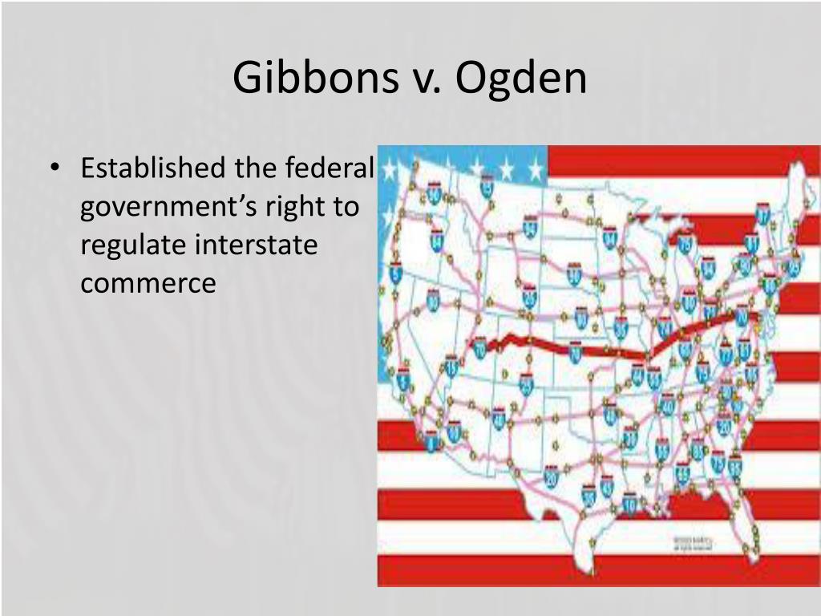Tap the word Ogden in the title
522,79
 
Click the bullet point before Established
55,169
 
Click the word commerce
148,283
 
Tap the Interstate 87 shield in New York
762,215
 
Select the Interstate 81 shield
751,243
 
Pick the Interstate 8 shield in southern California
431,440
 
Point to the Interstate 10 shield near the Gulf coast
629,504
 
